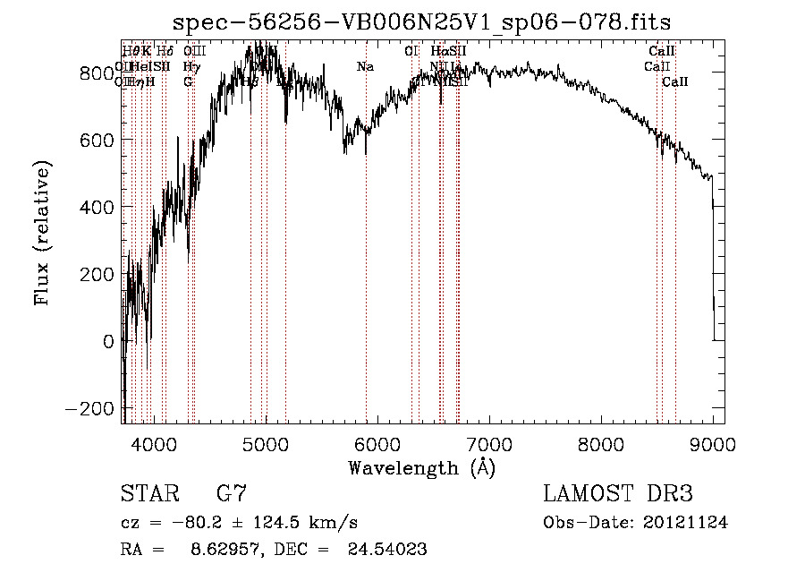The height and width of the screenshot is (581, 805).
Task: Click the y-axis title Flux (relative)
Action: coord(42,234)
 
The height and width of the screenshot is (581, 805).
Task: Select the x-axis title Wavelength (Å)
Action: coord(421,467)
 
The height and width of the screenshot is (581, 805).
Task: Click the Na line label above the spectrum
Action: coord(365,67)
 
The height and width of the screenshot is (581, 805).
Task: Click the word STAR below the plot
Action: coord(151,495)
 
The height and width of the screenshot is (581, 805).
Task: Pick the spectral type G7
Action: coord(232,495)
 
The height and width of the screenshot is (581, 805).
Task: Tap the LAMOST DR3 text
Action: coord(617,495)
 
